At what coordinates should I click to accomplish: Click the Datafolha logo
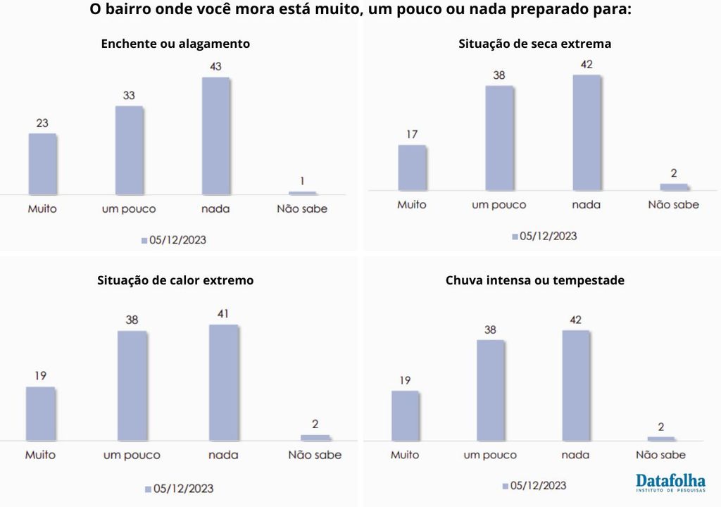pos(670,482)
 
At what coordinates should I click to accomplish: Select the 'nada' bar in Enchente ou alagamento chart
pos(216,136)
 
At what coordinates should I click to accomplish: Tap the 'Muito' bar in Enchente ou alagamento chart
pos(42,163)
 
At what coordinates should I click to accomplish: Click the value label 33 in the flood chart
pos(129,95)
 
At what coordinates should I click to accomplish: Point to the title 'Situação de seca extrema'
pos(534,44)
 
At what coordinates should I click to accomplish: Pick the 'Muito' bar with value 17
pos(412,168)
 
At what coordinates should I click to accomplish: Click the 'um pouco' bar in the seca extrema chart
pos(499,138)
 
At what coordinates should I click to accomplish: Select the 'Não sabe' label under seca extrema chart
pos(673,205)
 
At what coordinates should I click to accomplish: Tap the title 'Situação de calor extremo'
pos(175,280)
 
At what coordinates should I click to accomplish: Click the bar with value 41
pos(223,382)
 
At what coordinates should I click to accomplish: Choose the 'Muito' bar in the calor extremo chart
pos(40,413)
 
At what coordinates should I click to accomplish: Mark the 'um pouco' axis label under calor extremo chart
pos(132,455)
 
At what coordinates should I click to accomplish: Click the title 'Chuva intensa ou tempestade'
pos(534,280)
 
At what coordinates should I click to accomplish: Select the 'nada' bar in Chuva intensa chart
pos(575,385)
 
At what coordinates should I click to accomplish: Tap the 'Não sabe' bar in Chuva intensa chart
pos(660,439)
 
